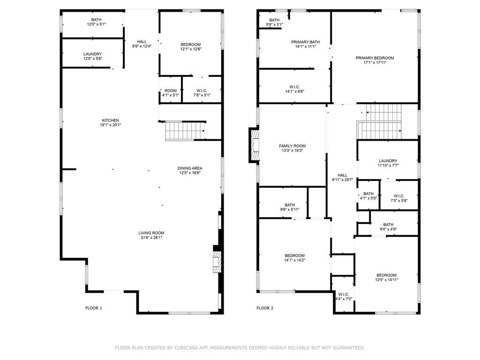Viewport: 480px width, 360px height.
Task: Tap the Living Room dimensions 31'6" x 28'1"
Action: click(151, 237)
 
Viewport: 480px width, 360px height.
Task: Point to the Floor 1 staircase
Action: click(185, 131)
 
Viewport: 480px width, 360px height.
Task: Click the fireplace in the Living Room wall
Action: click(217, 262)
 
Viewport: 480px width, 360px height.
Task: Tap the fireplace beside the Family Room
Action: click(255, 145)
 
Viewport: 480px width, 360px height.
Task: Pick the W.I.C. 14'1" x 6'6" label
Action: click(294, 89)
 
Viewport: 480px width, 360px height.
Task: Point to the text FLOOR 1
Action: click(94, 308)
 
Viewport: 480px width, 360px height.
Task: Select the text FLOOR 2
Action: click(265, 308)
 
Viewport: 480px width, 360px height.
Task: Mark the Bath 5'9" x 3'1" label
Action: click(274, 22)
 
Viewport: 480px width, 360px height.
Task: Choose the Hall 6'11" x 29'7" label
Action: click(343, 177)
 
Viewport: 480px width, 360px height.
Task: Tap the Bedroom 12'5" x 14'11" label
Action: click(386, 277)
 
